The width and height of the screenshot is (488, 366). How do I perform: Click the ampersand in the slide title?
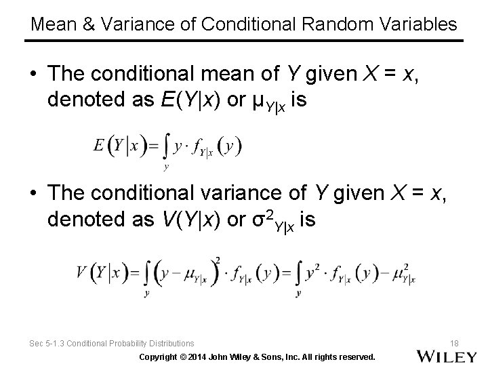tap(88, 25)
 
